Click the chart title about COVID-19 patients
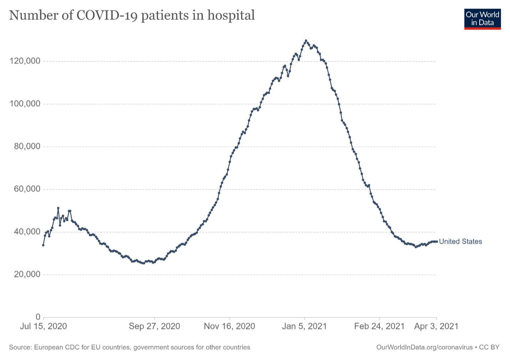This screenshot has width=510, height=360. [132, 15]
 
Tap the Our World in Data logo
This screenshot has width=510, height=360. [482, 19]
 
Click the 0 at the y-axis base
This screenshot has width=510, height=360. [38, 317]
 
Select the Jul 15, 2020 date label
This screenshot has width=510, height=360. [44, 326]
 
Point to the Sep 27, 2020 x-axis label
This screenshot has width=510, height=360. [154, 326]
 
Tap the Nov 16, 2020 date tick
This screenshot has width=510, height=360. [229, 326]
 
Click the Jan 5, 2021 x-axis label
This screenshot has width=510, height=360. [304, 326]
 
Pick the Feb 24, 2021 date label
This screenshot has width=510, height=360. [379, 326]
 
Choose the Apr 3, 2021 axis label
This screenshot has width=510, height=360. [436, 326]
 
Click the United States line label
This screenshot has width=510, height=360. [460, 242]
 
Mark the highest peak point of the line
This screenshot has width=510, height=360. [306, 41]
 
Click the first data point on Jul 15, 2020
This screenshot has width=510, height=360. [43, 245]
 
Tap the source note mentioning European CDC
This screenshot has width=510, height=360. [129, 347]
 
